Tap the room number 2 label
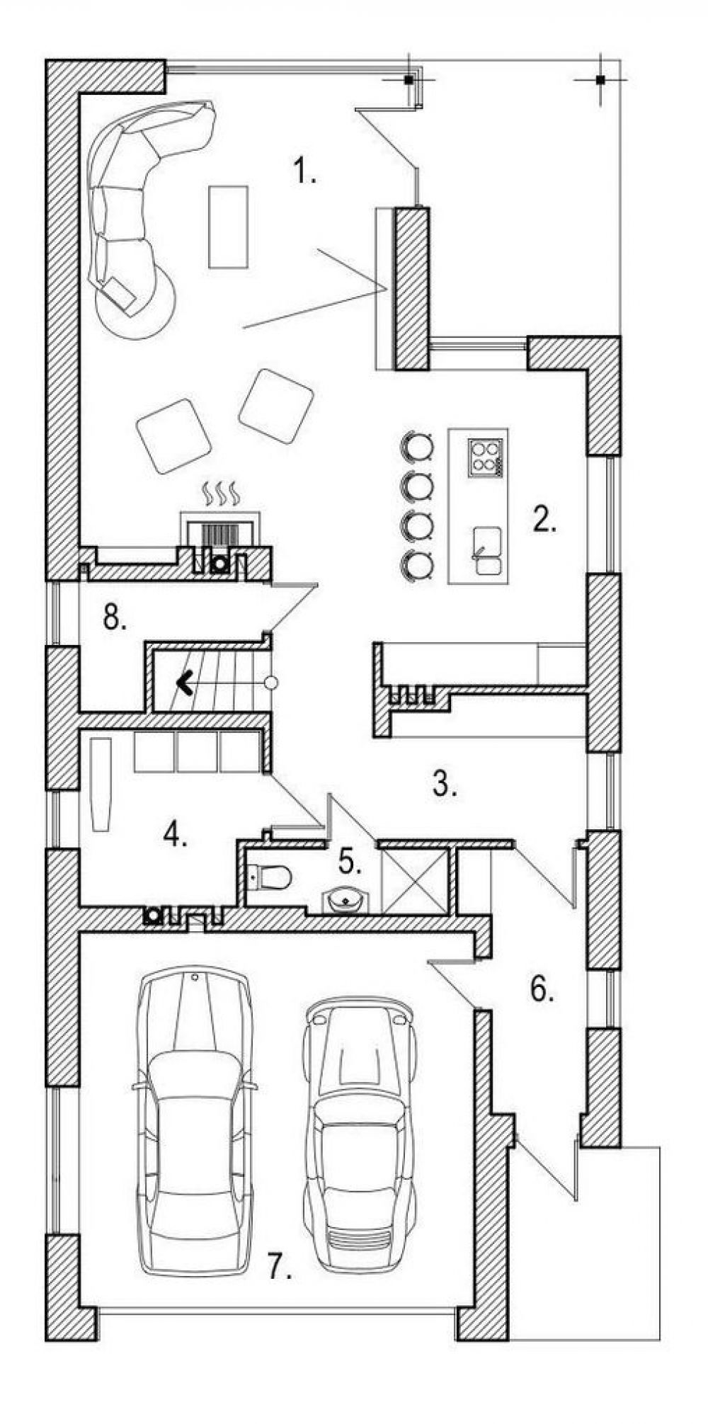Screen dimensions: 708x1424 tap(545, 519)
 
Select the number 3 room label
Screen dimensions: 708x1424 tap(444, 784)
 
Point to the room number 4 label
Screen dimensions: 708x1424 tap(175, 833)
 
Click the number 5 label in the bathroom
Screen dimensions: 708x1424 tap(350, 861)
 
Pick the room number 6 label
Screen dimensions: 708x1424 tap(542, 989)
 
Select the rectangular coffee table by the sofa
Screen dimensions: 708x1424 tap(228, 227)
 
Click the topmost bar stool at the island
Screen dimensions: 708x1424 tap(416, 446)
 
